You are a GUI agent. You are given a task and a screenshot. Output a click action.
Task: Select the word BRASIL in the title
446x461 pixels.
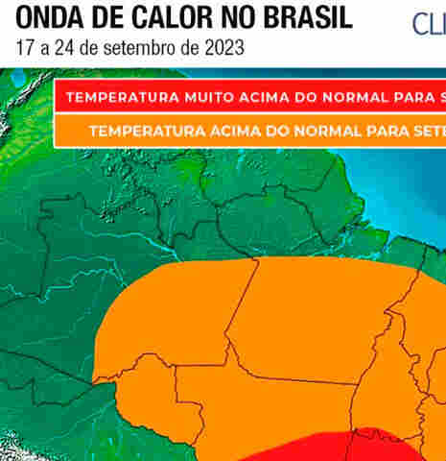[x=306, y=18]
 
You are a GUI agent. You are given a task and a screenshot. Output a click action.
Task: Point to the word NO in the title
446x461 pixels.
[x=236, y=18]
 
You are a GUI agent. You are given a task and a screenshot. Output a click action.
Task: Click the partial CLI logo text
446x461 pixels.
[x=429, y=23]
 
